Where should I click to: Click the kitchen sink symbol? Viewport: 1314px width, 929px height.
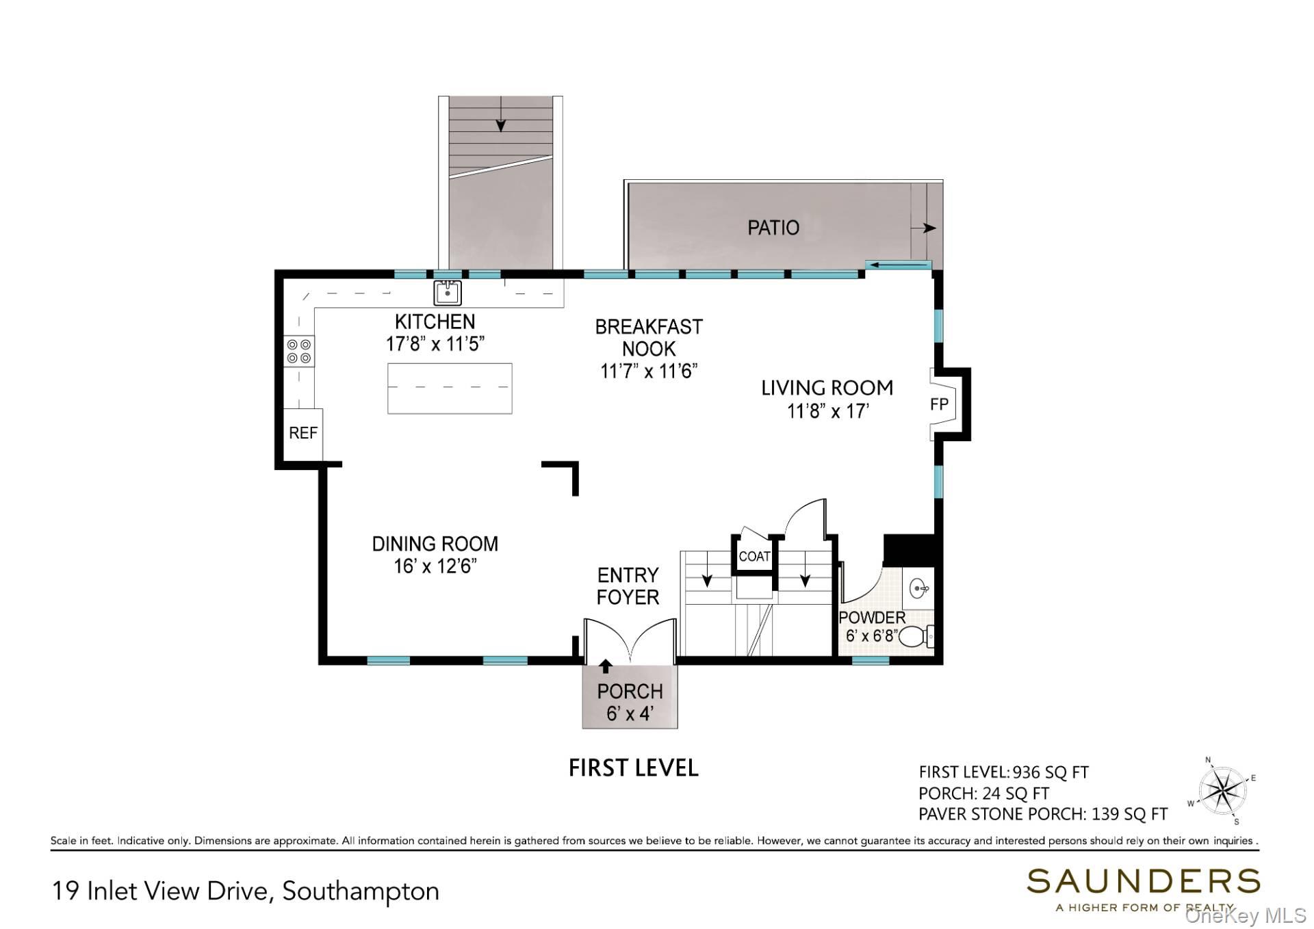[448, 293]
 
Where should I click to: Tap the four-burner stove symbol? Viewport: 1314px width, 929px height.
[299, 351]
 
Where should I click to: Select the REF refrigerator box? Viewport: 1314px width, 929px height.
[303, 433]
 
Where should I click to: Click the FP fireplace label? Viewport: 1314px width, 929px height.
[939, 404]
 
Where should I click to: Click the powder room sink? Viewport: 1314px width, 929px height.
[919, 588]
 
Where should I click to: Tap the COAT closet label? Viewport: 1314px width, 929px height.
[754, 556]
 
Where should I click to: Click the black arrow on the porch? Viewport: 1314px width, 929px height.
[605, 666]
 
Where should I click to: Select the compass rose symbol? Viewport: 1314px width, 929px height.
[1223, 791]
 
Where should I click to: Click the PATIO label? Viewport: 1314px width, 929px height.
[773, 227]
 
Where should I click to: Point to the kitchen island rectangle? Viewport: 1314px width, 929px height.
[450, 388]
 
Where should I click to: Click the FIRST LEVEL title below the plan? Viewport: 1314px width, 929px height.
[633, 768]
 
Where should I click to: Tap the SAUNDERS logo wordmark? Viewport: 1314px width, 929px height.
[1143, 881]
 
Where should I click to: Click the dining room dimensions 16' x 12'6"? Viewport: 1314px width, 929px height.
[435, 566]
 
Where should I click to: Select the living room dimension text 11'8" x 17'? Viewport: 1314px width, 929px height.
[827, 410]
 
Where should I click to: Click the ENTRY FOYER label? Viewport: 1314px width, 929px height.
[628, 586]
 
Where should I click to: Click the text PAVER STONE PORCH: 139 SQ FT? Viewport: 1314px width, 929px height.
[1042, 814]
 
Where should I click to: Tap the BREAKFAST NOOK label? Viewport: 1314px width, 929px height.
[649, 337]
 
